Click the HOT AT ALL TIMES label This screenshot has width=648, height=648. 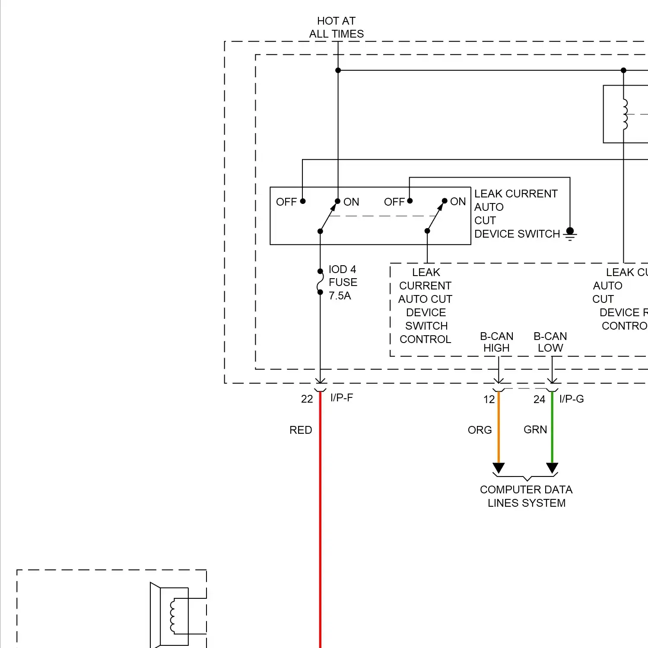[337, 27]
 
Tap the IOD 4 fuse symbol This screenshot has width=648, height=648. [320, 282]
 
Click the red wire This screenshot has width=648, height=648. [320, 518]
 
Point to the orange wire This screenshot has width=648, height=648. [499, 428]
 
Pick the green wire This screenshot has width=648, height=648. [552, 428]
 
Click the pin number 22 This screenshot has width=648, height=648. [307, 399]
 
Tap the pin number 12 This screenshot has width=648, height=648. [489, 400]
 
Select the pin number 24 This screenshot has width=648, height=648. [539, 400]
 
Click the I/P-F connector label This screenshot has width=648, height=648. [342, 398]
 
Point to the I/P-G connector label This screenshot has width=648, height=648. [572, 399]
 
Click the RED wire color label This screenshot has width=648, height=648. [301, 430]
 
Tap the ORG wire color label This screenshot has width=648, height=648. [480, 430]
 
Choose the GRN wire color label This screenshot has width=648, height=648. [535, 430]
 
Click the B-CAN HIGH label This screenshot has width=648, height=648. [497, 342]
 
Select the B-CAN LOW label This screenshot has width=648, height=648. [550, 342]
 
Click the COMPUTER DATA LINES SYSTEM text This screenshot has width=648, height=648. [526, 496]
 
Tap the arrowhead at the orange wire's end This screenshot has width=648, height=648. [499, 468]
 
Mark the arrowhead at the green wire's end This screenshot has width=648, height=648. [552, 468]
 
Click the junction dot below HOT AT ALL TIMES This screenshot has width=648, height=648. [338, 70]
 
